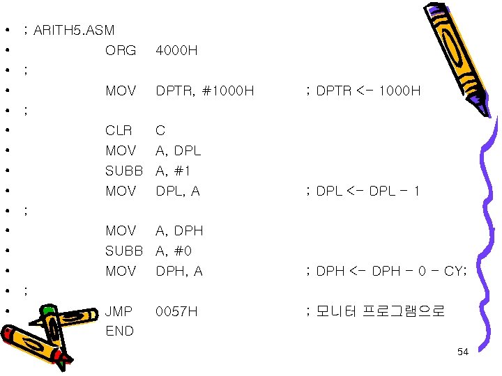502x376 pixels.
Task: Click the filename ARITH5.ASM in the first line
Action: coord(73,31)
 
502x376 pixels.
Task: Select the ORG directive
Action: coord(121,51)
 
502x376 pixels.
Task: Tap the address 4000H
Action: coord(177,51)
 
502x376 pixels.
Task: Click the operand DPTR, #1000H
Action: coord(205,91)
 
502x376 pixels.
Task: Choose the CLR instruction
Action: coord(119,131)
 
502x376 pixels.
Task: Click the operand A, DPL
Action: coord(178,151)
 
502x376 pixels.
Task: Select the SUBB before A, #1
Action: coord(123,171)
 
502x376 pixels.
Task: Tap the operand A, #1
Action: coord(174,171)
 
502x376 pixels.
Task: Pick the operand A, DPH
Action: coord(179,231)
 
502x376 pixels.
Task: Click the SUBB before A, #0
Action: coord(123,251)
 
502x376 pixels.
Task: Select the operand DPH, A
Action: coord(179,272)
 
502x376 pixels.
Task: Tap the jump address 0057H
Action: coord(177,311)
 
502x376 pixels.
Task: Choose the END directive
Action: coord(119,331)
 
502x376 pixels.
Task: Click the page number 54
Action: coord(463,352)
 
